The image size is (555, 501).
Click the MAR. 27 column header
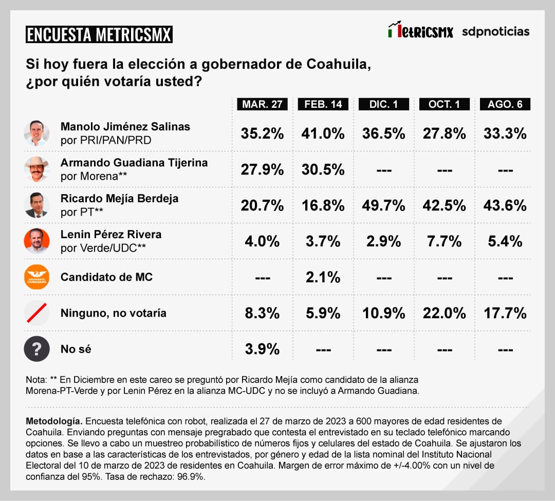coord(262,104)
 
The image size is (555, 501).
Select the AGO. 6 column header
coord(505,104)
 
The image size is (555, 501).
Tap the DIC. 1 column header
coord(384,104)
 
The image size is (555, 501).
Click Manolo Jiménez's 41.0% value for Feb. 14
coord(323,133)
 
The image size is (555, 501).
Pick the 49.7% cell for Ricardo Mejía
coord(384,205)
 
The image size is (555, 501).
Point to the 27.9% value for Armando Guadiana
coord(262,169)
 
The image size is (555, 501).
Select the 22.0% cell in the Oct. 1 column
coord(445,313)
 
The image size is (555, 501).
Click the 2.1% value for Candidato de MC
coord(323,277)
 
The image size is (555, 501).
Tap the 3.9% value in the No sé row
coord(262,349)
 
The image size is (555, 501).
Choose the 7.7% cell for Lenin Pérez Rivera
coord(445,241)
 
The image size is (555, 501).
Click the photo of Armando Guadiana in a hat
coord(36,169)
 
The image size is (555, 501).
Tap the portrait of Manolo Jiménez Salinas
coord(36,133)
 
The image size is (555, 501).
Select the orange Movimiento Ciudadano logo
coord(36,277)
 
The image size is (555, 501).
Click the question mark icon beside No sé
coord(36,349)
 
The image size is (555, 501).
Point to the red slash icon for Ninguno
coord(36,313)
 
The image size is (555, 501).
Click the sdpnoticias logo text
coord(495,31)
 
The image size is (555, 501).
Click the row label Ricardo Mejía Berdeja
coord(119,199)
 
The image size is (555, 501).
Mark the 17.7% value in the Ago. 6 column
coord(505,313)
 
